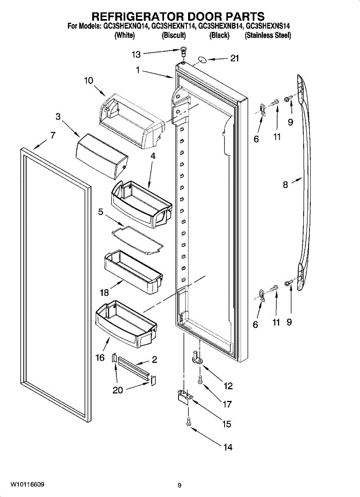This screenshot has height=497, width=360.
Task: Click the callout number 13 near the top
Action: pos(136,54)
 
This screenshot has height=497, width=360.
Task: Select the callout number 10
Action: pos(89,80)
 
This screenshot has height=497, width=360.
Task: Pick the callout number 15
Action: pos(227,424)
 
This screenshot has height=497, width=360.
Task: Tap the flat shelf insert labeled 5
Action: pos(138,239)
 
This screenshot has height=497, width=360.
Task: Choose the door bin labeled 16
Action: pos(126,325)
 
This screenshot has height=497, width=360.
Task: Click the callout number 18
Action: pos(104,293)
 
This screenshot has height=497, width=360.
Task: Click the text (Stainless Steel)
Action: pos(268,36)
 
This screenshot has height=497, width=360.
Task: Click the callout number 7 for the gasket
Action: pos(53,135)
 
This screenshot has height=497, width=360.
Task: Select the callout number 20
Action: pos(118,390)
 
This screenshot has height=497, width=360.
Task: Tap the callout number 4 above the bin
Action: pos(152,156)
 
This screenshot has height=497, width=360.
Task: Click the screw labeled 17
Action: pos(200,379)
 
